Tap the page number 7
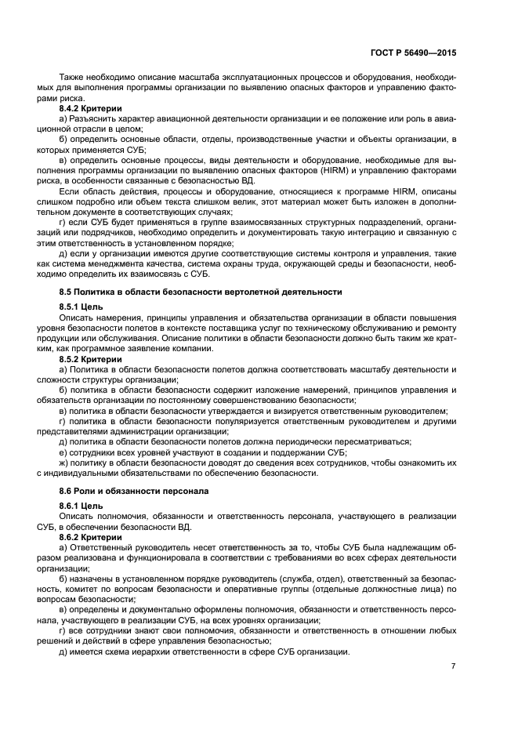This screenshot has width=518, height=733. pos(453,666)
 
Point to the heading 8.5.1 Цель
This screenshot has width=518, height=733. pos(81,306)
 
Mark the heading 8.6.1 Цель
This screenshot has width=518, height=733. pos(81,504)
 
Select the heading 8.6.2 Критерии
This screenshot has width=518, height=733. pos(90,536)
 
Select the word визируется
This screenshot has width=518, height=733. pos(296,410)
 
